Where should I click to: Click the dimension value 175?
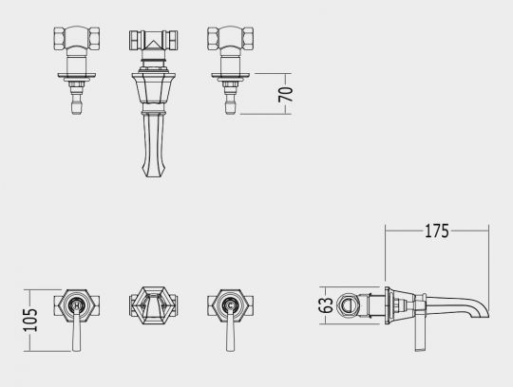[x=437, y=230]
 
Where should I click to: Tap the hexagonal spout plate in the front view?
[x=151, y=304]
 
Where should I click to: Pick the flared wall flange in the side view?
[x=388, y=304]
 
